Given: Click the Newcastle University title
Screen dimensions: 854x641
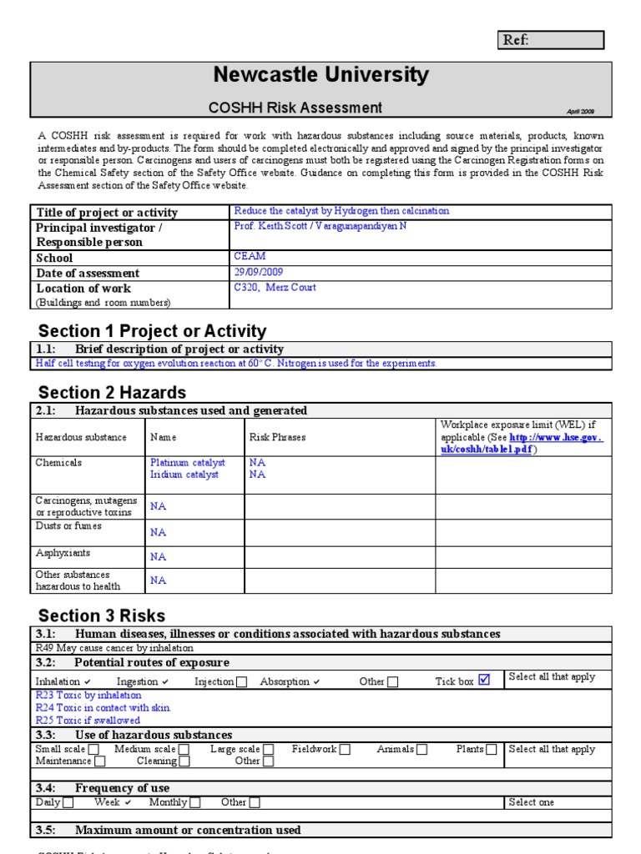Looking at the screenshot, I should [x=320, y=75].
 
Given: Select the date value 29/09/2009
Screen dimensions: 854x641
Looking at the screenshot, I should [x=259, y=273].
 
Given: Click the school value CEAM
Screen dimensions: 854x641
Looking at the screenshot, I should [x=249, y=258].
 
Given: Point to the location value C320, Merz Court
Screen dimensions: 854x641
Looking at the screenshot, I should [x=275, y=288].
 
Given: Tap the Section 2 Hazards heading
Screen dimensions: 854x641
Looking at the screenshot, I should [x=113, y=392].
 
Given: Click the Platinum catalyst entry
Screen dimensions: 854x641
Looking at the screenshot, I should [x=188, y=462].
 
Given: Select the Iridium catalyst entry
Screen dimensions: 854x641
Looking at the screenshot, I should [x=184, y=475].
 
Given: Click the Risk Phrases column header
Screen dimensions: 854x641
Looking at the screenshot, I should [x=277, y=437].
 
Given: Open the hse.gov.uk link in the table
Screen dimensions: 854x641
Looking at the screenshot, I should [x=555, y=437].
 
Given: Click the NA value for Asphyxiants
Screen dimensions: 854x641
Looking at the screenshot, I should [x=158, y=556].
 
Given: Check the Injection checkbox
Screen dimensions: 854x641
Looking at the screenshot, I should [x=241, y=682].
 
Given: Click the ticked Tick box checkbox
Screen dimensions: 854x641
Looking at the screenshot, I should [x=484, y=681].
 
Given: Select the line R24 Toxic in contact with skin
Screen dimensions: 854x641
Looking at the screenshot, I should [x=103, y=707].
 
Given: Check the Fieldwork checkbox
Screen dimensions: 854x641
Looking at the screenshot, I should [x=345, y=750].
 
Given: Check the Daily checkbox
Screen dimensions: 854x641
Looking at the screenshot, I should [x=68, y=803].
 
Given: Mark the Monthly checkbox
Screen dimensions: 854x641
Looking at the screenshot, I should [x=194, y=803].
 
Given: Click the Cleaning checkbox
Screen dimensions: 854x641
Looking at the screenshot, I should [x=184, y=761].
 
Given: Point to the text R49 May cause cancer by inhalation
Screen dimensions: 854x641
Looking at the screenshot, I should [x=114, y=648].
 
